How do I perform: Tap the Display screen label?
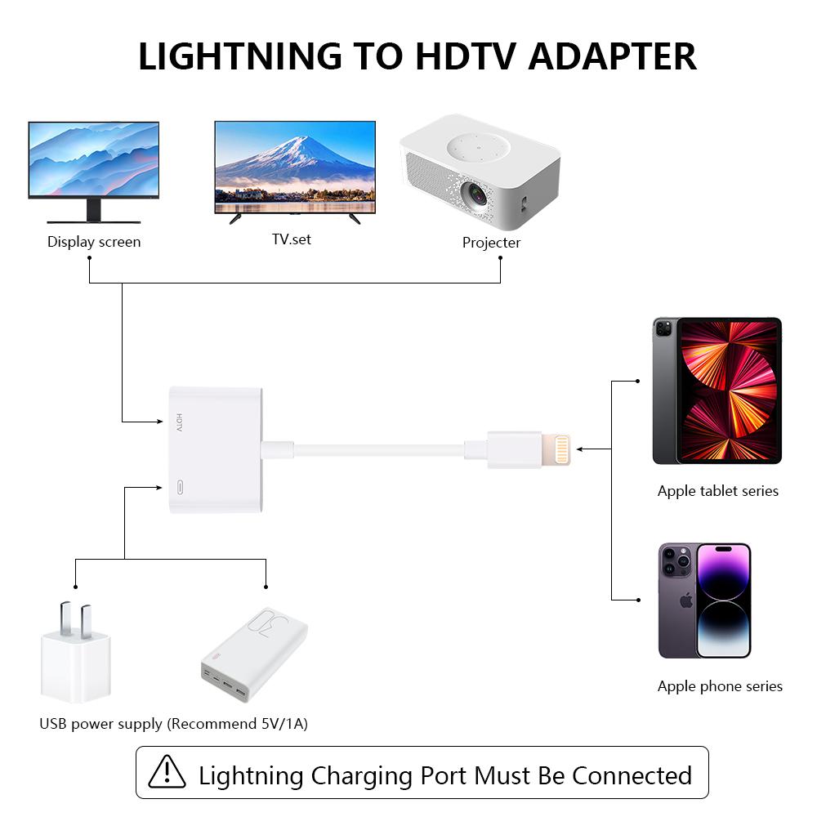pyautogui.click(x=94, y=242)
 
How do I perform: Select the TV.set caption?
pyautogui.click(x=292, y=239)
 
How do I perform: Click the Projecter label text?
pyautogui.click(x=491, y=243)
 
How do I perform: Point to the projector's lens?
pyautogui.click(x=475, y=194)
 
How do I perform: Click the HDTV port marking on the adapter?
pyautogui.click(x=180, y=422)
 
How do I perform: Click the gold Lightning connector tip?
pyautogui.click(x=561, y=450)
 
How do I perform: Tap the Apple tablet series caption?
pyautogui.click(x=717, y=491)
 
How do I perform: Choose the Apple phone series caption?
pyautogui.click(x=720, y=686)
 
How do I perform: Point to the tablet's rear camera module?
pyautogui.click(x=663, y=329)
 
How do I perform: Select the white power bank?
pyautogui.click(x=254, y=654)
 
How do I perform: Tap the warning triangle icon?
pyautogui.click(x=167, y=771)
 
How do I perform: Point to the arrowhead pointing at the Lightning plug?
pyautogui.click(x=580, y=449)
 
